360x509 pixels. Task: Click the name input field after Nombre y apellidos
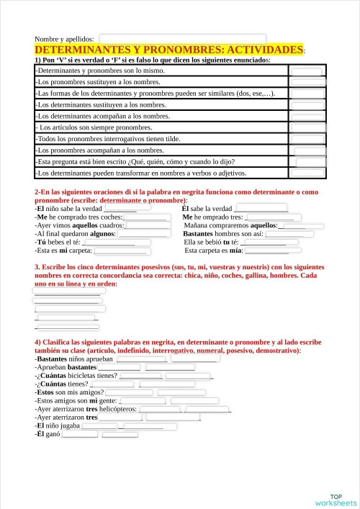[x=182, y=38]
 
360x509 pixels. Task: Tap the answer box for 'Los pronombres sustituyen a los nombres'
[x=309, y=82]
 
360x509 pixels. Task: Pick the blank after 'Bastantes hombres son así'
[x=289, y=234]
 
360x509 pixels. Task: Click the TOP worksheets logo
[x=336, y=500]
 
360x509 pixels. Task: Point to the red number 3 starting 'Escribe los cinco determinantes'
[x=37, y=267]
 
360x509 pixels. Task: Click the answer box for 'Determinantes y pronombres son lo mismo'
[x=307, y=71]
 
